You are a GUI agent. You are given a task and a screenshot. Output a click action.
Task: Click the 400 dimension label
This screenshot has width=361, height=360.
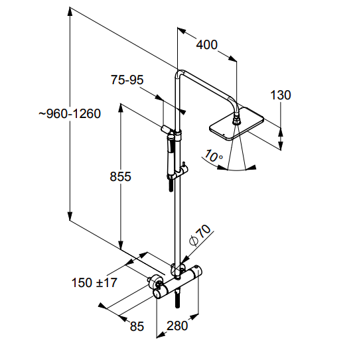coord(207,44)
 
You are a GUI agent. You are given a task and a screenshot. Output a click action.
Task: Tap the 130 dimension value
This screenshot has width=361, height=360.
coord(281,95)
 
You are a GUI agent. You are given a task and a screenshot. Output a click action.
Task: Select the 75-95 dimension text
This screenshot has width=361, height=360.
coord(127,80)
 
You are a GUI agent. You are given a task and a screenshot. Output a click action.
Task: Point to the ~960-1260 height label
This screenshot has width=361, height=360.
coord(69,113)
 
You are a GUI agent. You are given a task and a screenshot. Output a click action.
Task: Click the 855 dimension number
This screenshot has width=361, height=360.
coord(120,176)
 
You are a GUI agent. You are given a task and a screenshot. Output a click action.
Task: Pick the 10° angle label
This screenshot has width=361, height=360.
coord(213,157)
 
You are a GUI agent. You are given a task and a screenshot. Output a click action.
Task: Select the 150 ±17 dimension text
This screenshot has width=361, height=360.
coord(94,282)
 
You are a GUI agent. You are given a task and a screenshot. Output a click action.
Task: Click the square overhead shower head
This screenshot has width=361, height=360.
coord(236,127)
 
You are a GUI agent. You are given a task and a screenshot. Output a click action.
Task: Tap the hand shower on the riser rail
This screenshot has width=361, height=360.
coord(172,156)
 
